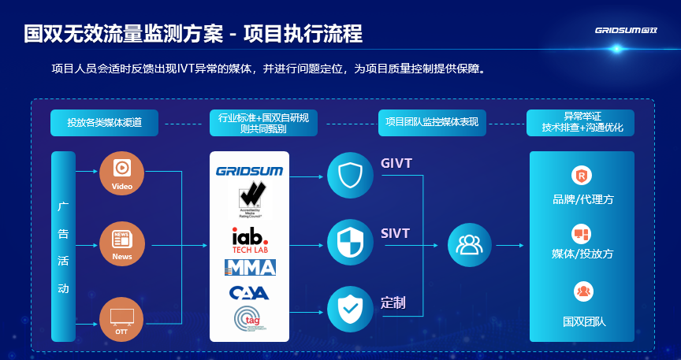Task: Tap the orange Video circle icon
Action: tap(122, 172)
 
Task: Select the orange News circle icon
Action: tap(122, 244)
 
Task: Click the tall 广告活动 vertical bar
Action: tap(63, 246)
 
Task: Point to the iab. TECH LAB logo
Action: tap(249, 239)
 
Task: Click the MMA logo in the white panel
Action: tap(249, 268)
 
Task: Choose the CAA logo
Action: tap(249, 293)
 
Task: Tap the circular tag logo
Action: tap(249, 320)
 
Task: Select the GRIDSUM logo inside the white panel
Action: tap(249, 171)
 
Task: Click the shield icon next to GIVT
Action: tap(349, 175)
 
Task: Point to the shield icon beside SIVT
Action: tap(349, 244)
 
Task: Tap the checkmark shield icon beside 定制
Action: tap(349, 310)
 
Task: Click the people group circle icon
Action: tap(469, 245)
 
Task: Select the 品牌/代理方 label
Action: tap(582, 199)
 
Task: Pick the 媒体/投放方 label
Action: tap(582, 254)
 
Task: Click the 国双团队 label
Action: tap(582, 321)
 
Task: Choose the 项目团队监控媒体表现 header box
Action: tap(431, 122)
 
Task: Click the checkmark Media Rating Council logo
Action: tap(251, 199)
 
